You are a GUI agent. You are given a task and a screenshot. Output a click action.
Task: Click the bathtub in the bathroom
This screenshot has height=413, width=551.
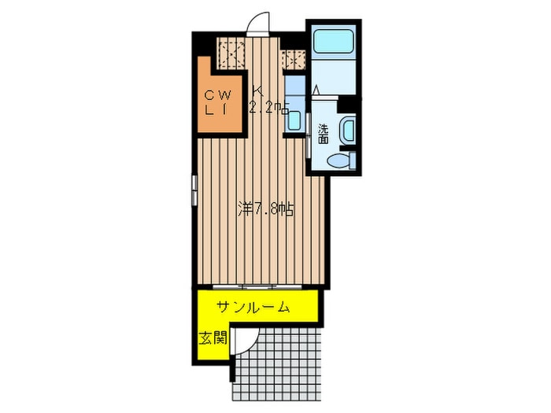[333, 42]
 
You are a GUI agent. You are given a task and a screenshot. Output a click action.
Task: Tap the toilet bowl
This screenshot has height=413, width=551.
[338, 161]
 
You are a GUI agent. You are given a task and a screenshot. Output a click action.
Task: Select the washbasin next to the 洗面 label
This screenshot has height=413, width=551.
[348, 131]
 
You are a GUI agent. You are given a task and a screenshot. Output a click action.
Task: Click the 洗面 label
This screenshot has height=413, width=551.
[324, 134]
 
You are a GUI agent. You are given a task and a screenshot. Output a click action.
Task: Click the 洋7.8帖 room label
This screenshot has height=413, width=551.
[265, 209]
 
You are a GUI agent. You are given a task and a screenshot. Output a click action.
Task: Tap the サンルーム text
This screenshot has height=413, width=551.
[253, 308]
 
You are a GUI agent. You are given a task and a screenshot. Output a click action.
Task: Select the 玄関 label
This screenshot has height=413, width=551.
[213, 338]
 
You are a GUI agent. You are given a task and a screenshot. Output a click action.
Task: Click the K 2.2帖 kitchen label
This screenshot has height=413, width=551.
[269, 101]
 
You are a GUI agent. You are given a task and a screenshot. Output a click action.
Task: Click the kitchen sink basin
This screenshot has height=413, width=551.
[294, 120]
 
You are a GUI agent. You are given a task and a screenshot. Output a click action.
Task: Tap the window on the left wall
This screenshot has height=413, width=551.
[194, 190]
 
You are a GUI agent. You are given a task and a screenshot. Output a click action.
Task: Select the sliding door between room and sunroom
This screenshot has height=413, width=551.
[257, 286]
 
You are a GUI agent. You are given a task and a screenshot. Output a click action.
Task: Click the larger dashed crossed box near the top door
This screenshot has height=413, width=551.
[231, 53]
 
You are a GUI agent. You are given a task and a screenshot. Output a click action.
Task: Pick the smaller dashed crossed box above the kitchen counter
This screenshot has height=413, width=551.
[293, 59]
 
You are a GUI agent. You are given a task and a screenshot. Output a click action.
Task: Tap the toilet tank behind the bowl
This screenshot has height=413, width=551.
[353, 160]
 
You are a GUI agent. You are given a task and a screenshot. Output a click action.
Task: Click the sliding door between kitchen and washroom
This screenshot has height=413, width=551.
[308, 135]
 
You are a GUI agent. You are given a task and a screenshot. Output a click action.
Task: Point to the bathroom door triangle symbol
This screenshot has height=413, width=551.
[316, 90]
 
